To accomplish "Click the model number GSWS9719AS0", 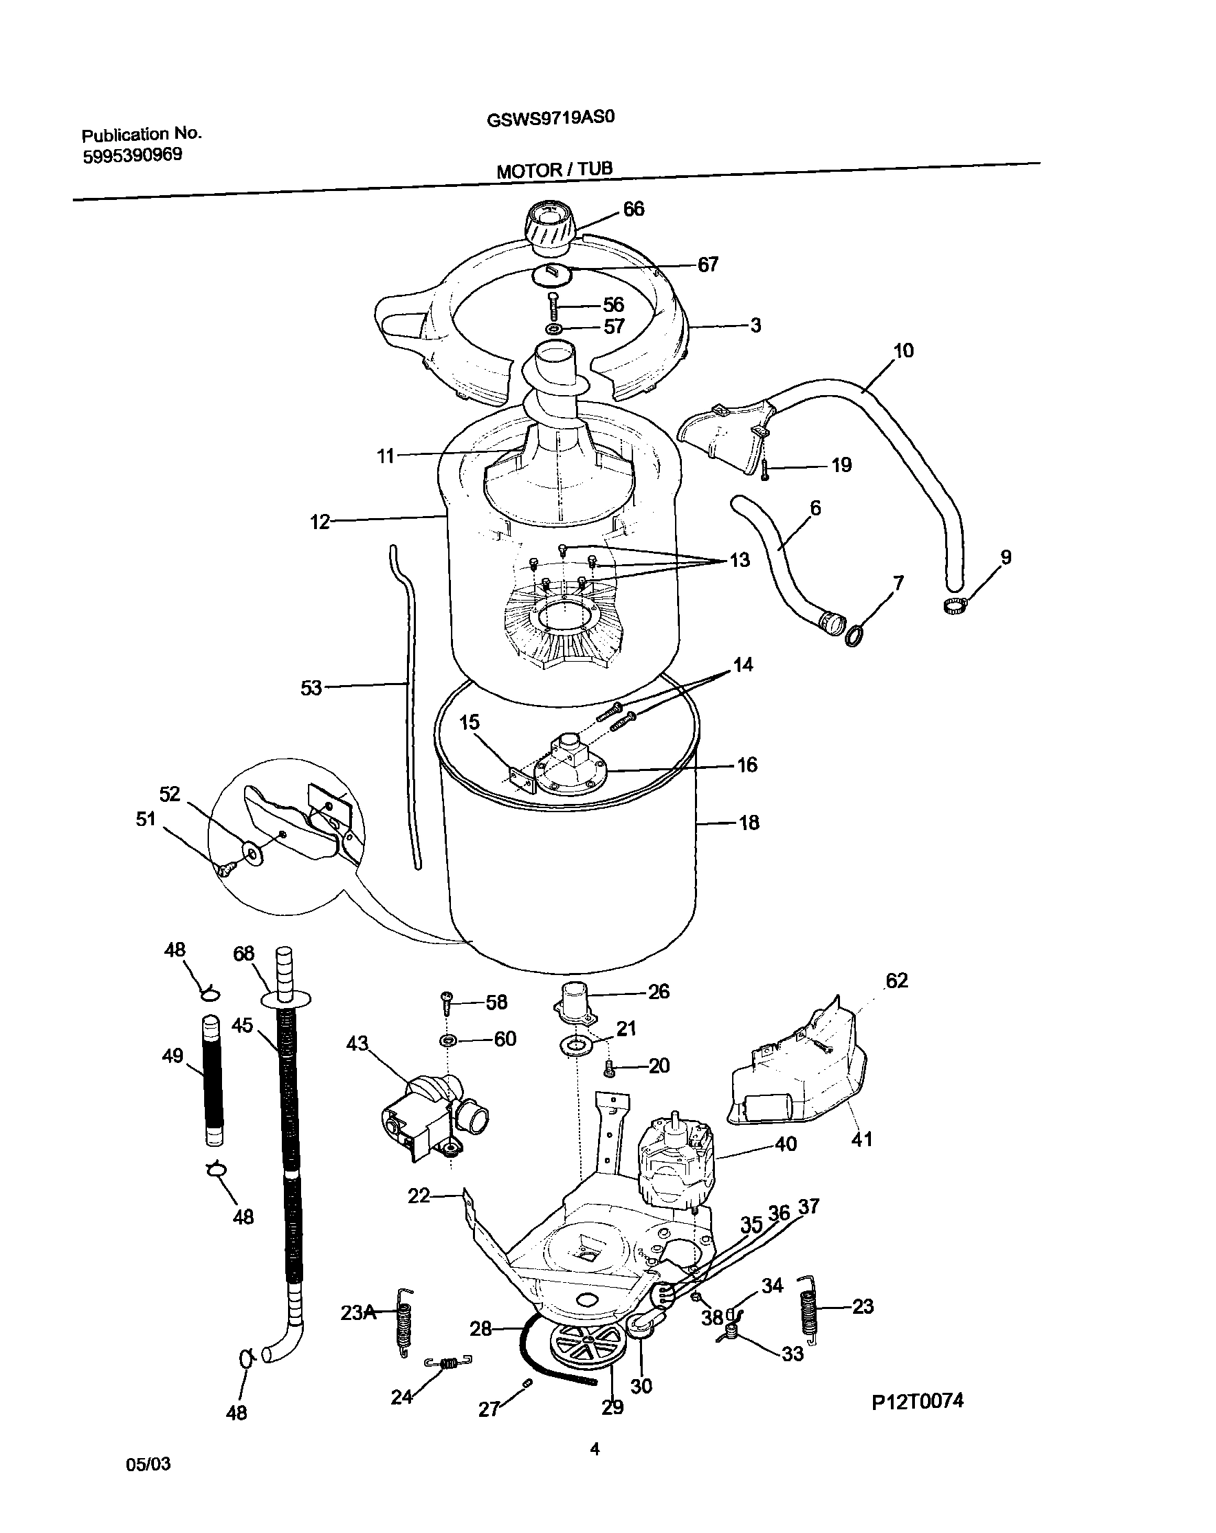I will (550, 118).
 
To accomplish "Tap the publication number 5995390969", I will (132, 156).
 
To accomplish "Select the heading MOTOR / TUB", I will (554, 170).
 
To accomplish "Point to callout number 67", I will (707, 265).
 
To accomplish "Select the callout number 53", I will (311, 688).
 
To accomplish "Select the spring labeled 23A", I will (405, 1325).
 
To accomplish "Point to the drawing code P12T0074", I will (918, 1401).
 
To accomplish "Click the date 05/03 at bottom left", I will (148, 1465).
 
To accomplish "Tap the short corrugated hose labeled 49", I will (212, 1081).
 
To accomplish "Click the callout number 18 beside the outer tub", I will (749, 823).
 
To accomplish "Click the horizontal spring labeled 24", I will (448, 1363).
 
